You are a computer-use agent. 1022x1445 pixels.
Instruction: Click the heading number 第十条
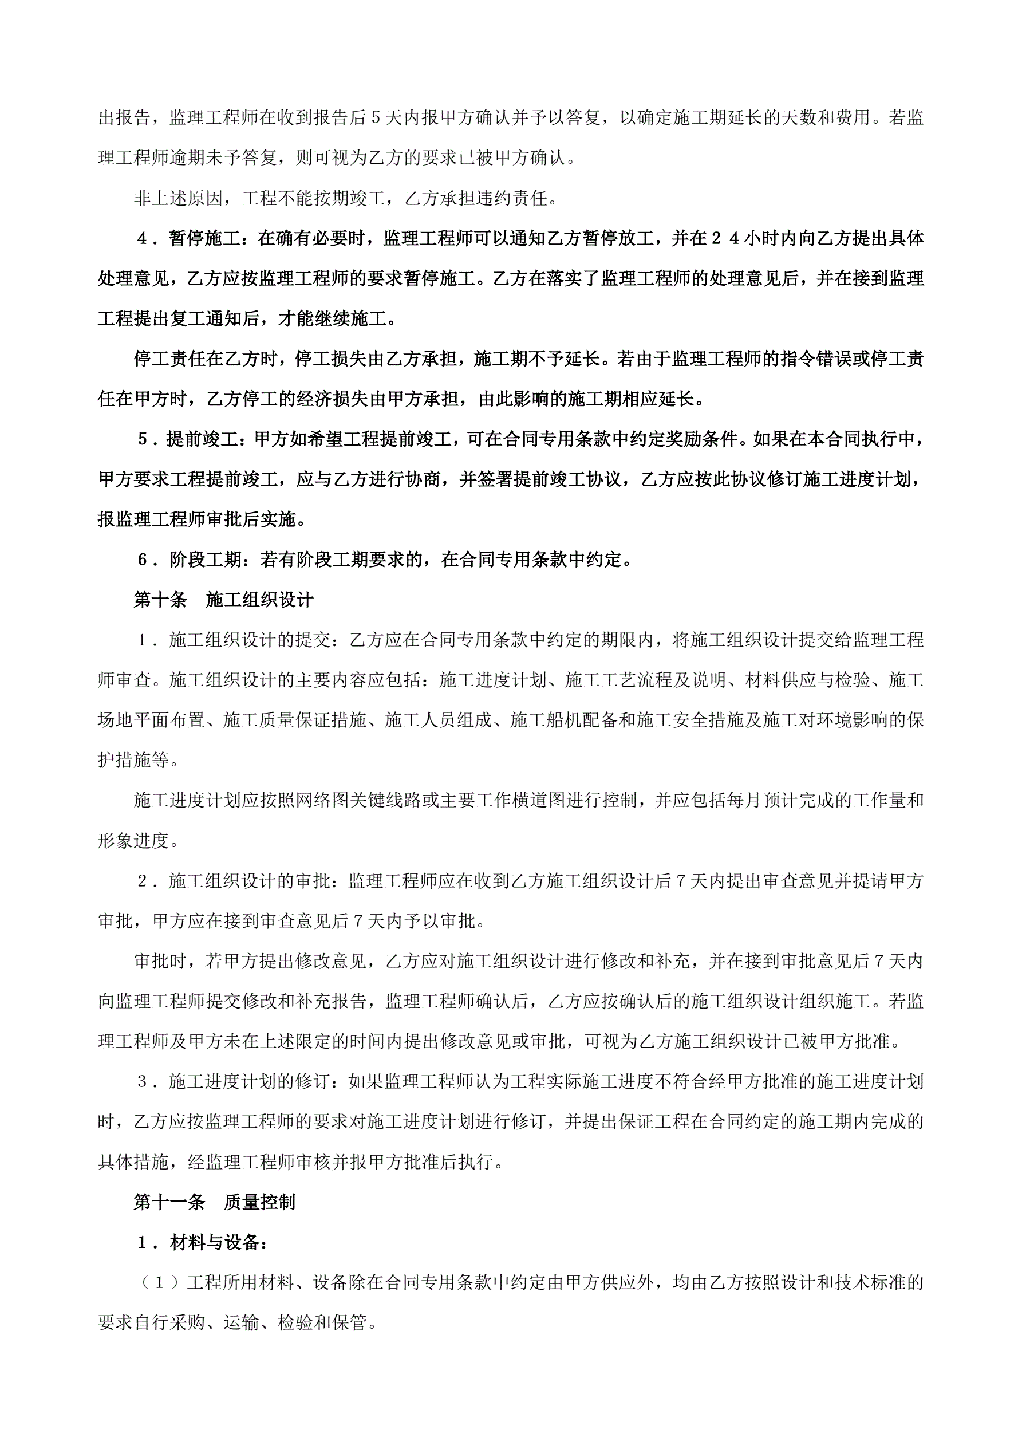[x=160, y=600]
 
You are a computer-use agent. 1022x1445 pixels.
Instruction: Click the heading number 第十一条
[x=169, y=1202]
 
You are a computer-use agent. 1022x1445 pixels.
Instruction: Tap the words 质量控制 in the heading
[x=259, y=1202]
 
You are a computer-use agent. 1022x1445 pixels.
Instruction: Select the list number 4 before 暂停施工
[x=142, y=238]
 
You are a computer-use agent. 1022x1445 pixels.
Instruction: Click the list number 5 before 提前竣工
[x=142, y=439]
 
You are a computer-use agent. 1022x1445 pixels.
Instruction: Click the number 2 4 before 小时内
[x=725, y=238]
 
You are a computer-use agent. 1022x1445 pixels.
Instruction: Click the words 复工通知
[x=223, y=318]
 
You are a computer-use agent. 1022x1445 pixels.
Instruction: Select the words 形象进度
[x=133, y=841]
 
